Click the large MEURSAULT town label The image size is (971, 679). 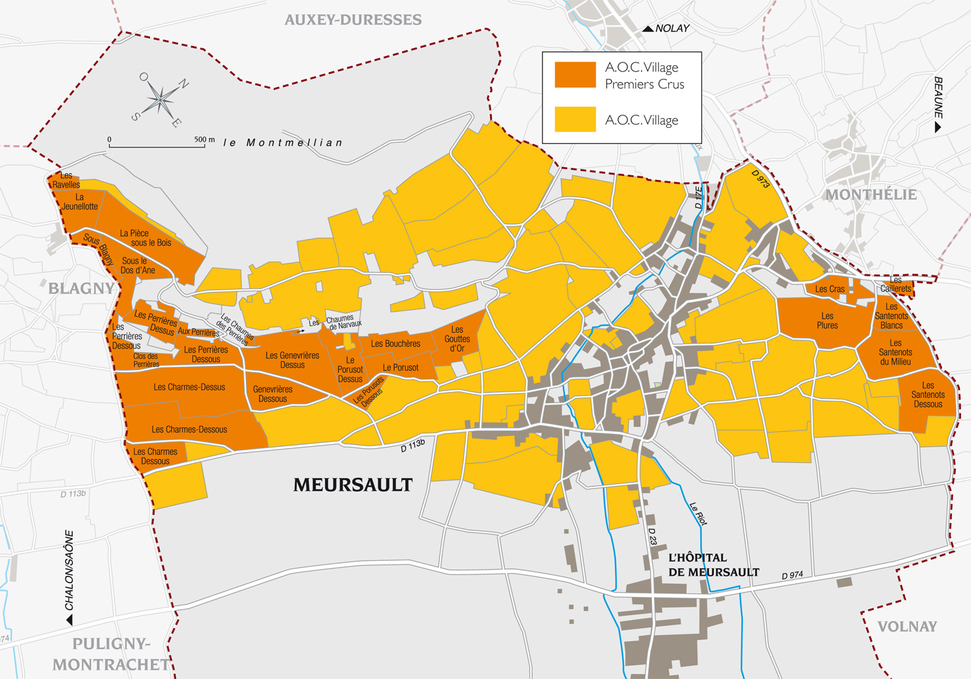[x=352, y=485]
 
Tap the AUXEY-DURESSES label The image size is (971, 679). [x=352, y=20]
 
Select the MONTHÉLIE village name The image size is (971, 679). [x=871, y=195]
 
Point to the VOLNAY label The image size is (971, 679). [x=906, y=627]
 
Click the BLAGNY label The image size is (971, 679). [x=81, y=289]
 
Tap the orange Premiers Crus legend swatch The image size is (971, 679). [x=575, y=75]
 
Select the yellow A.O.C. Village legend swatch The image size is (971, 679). [x=575, y=120]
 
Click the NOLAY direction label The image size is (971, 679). [x=672, y=29]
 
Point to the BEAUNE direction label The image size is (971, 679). [x=938, y=102]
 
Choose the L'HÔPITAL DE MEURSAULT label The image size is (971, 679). [x=713, y=565]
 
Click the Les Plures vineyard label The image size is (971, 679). [x=827, y=320]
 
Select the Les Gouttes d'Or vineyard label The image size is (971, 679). [x=457, y=339]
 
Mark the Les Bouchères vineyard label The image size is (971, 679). [x=395, y=344]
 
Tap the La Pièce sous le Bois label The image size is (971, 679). [x=145, y=238]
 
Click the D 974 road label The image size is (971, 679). [x=792, y=575]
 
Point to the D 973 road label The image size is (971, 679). [x=761, y=179]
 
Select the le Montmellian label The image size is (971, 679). [x=283, y=143]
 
